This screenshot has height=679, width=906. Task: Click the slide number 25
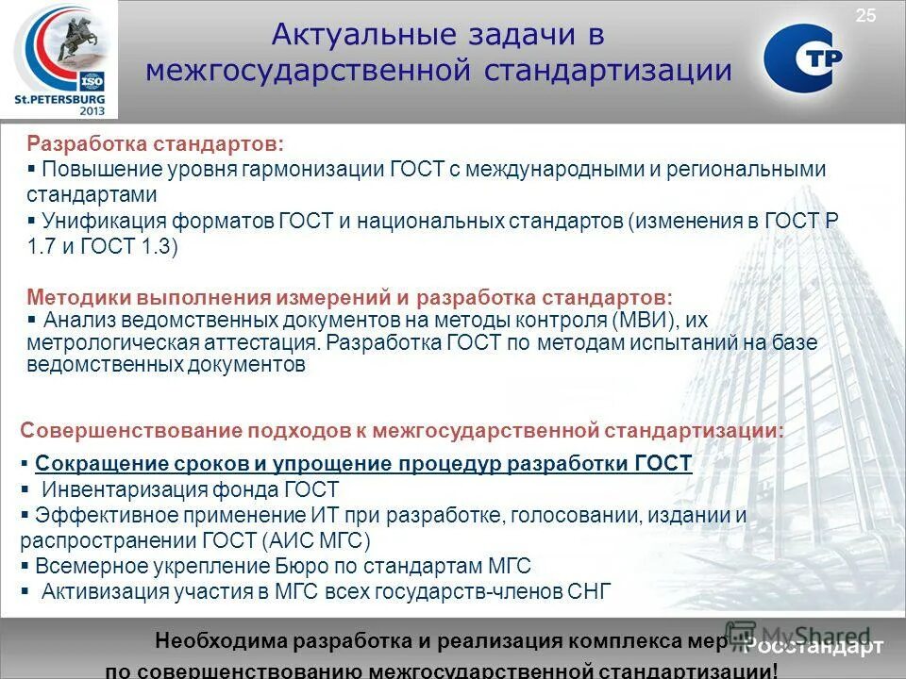coord(866,14)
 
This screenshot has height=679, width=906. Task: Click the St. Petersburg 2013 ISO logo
coord(60,60)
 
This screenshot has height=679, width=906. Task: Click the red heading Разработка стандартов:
coord(154,144)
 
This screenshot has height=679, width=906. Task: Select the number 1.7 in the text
coord(42,246)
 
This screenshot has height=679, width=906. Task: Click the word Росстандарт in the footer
coord(813,646)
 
